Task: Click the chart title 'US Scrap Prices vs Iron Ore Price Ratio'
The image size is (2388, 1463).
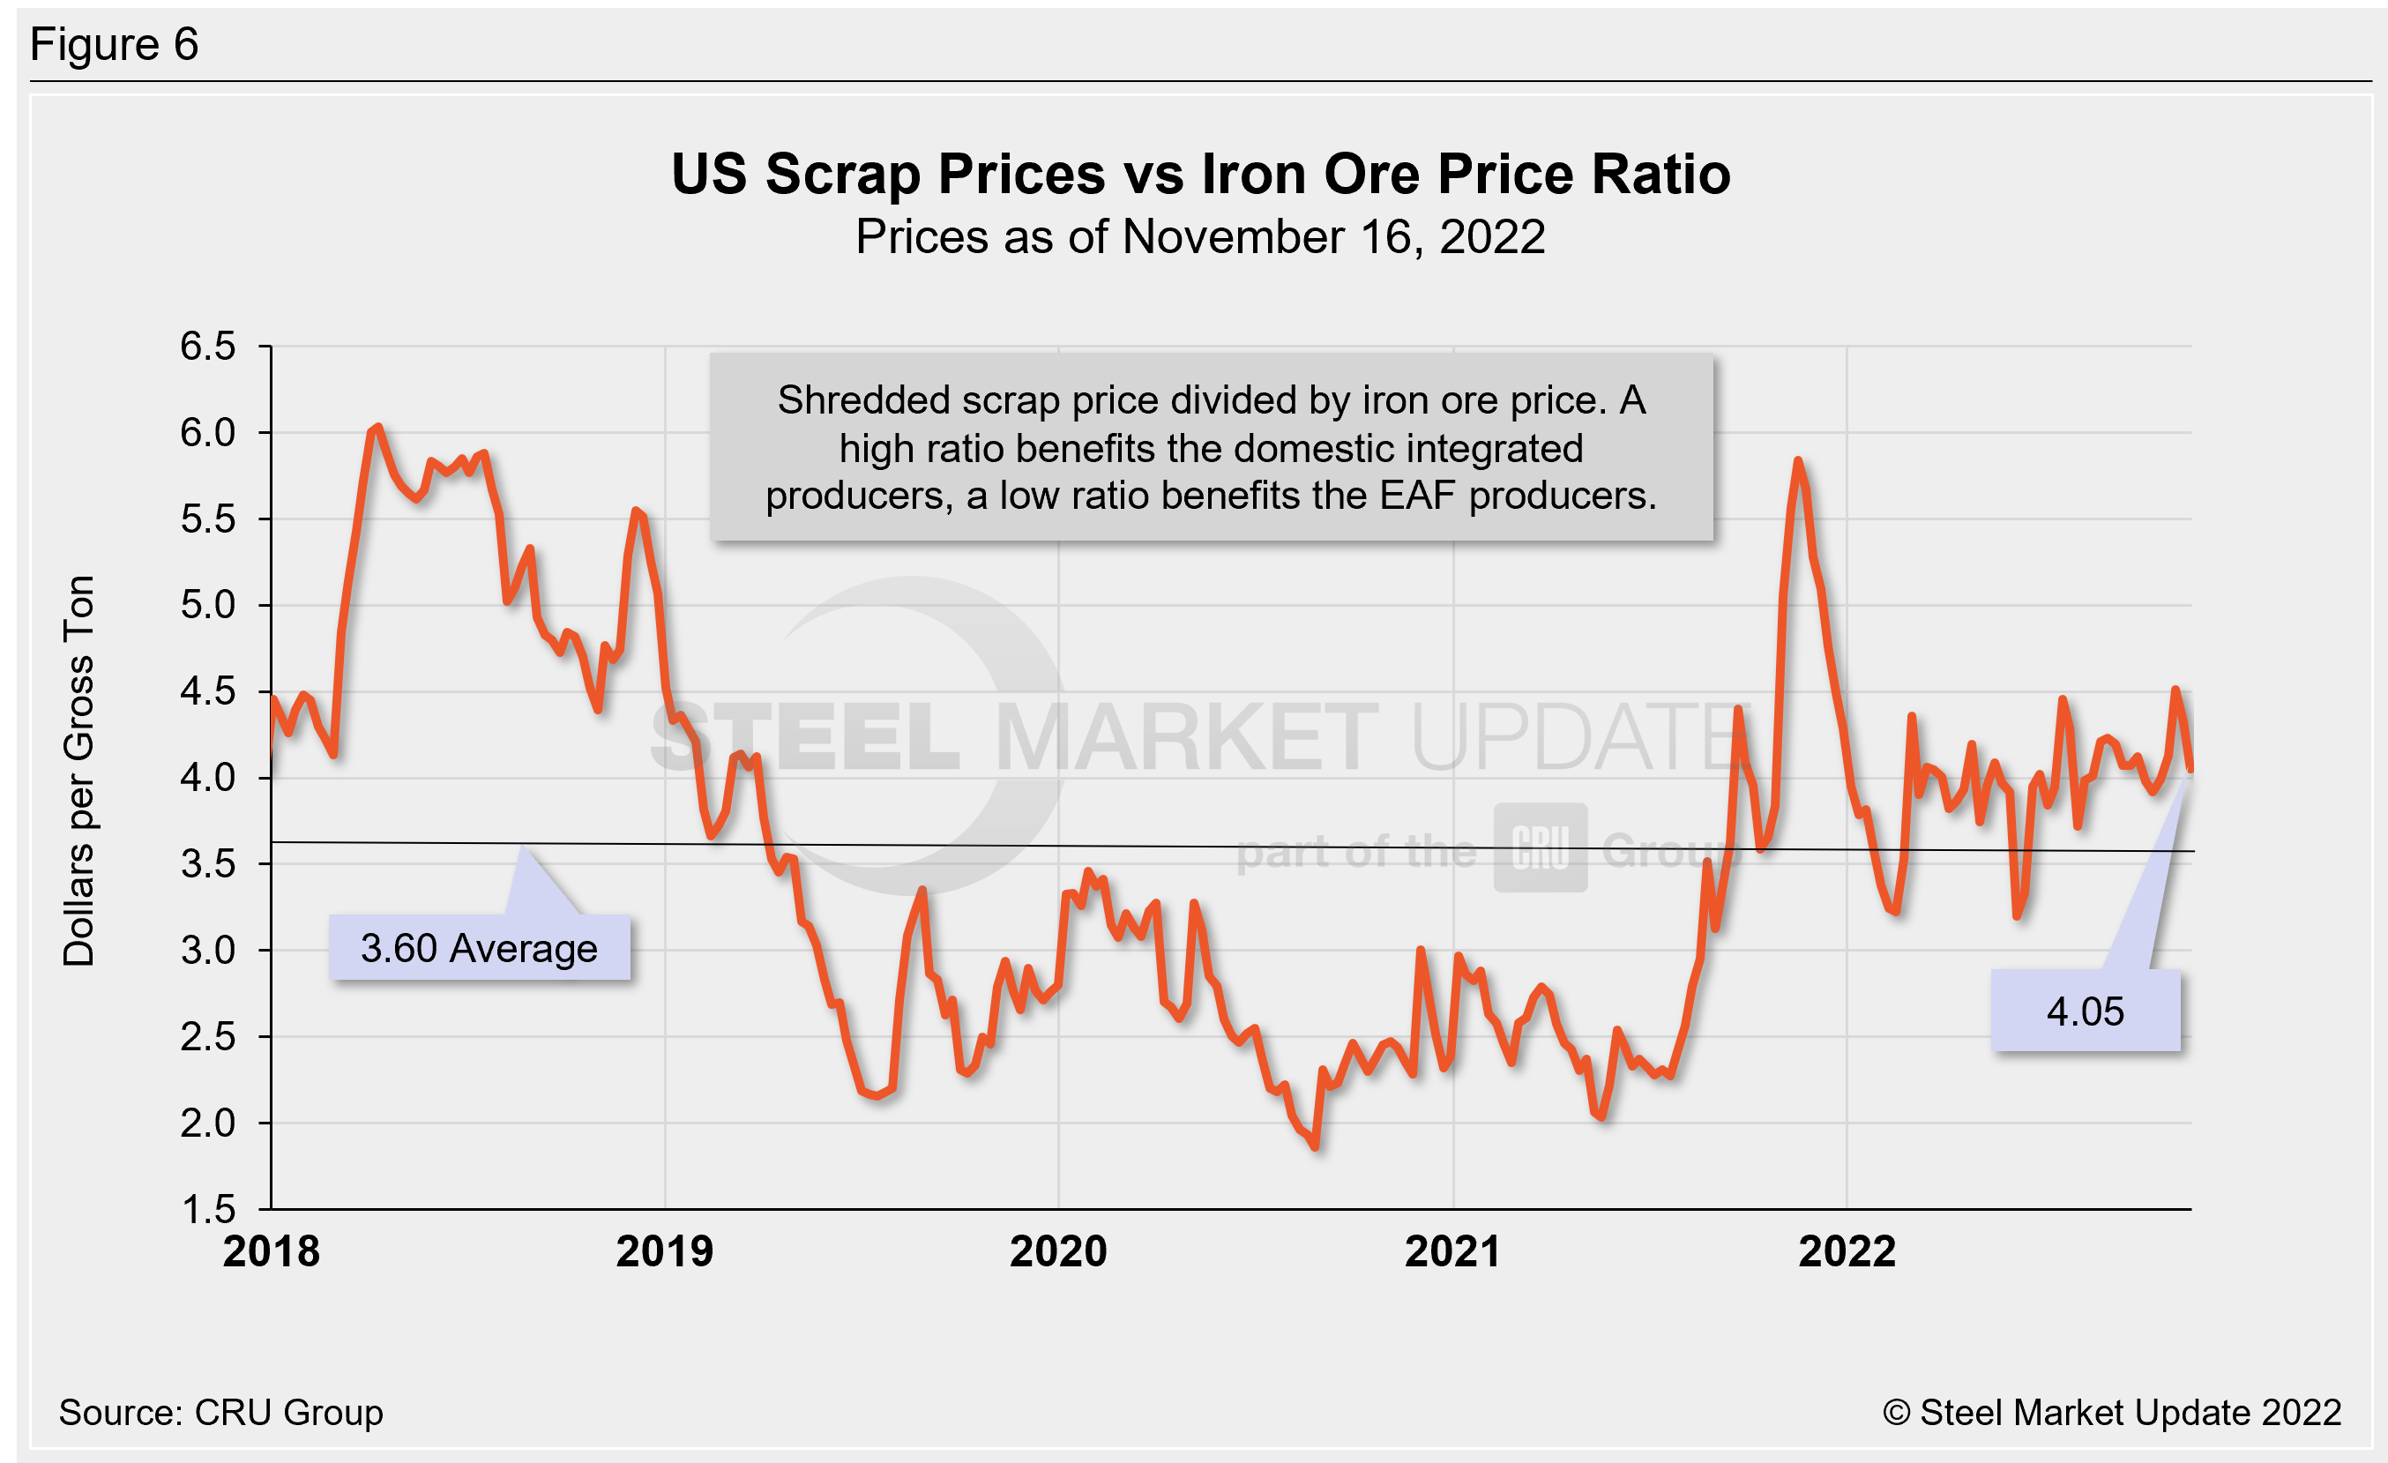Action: pos(1200,175)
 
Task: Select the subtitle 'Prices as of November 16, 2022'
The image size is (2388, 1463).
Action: pos(1200,237)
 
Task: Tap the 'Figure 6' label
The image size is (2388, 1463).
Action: pos(115,45)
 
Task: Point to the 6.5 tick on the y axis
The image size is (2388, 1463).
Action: pos(207,346)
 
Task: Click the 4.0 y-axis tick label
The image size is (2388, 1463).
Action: pos(207,777)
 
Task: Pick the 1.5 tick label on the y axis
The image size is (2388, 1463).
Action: pos(207,1209)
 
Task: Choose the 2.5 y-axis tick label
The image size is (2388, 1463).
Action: pos(207,1037)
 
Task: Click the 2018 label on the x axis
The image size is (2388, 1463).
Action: pos(272,1251)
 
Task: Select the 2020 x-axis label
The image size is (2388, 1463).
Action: pos(1058,1251)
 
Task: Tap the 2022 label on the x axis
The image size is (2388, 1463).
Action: pos(1847,1251)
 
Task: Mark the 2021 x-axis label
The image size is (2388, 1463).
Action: pos(1452,1251)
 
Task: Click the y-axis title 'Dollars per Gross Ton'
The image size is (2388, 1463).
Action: pos(79,772)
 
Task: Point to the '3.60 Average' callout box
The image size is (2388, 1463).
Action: pos(479,948)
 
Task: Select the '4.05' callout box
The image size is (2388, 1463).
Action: pos(2085,1011)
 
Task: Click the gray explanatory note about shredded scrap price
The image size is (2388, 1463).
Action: pos(1211,448)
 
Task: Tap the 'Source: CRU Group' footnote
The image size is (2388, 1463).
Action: pos(221,1413)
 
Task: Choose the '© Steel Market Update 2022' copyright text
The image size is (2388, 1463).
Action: pos(2112,1413)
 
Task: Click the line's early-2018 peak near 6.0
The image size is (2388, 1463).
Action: pos(377,428)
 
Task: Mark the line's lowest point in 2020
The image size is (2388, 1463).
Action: pos(1315,1147)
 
